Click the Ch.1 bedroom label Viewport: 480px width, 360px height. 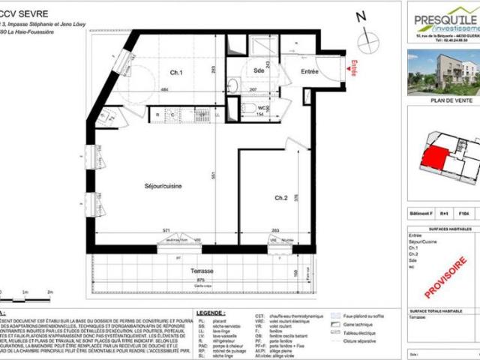177,73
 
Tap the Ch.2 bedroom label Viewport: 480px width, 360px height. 281,198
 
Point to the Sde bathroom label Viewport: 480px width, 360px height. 258,70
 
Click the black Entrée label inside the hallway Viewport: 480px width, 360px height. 310,71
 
